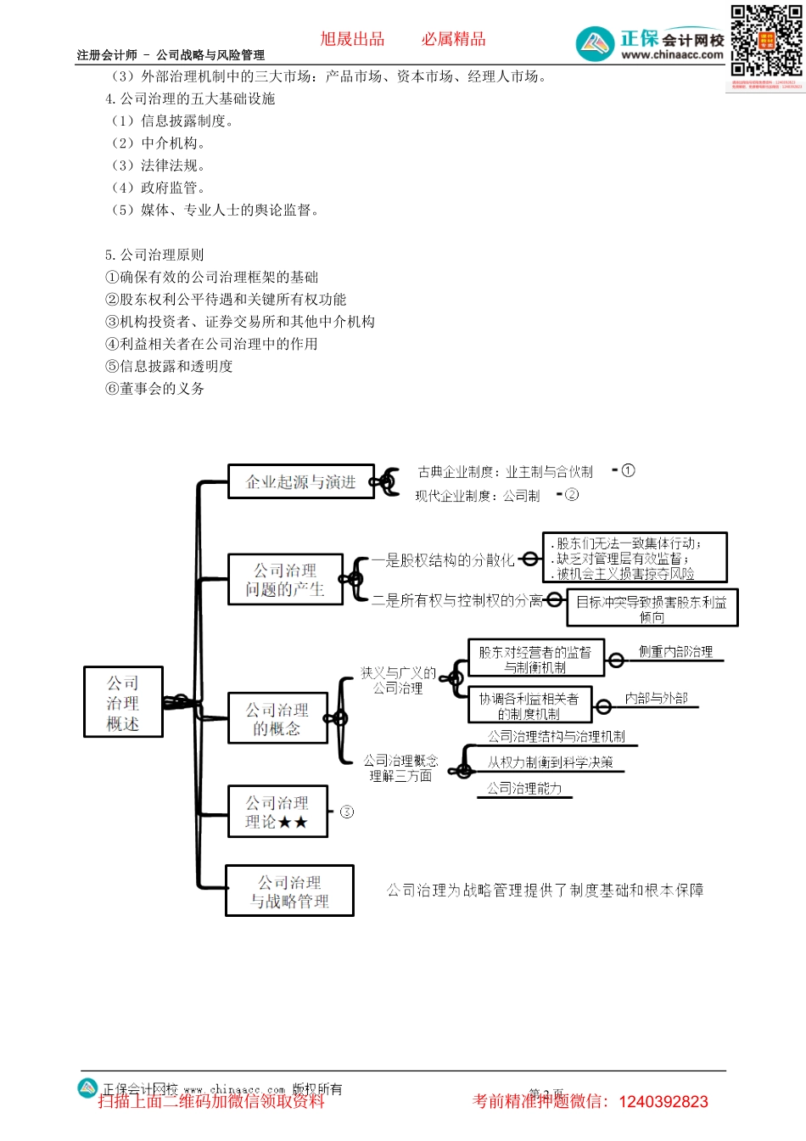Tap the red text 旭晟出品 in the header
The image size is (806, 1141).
click(x=352, y=39)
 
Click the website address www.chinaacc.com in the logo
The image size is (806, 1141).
click(x=672, y=55)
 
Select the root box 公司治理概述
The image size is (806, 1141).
click(x=123, y=702)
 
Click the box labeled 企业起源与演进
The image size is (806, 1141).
click(x=300, y=481)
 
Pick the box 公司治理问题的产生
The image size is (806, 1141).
click(x=285, y=579)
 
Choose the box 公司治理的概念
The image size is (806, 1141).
click(x=277, y=718)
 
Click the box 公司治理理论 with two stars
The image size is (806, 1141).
click(x=277, y=812)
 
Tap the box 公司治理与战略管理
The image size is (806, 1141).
click(x=289, y=891)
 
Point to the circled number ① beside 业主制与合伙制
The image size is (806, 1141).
click(x=628, y=470)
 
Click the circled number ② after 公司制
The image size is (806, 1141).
click(x=572, y=494)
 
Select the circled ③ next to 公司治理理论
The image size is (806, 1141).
click(x=347, y=812)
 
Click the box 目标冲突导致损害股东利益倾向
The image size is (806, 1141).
click(x=652, y=608)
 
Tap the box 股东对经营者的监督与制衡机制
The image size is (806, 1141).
click(x=535, y=659)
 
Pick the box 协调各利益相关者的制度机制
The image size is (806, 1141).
click(x=529, y=705)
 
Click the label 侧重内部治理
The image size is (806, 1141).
click(x=675, y=651)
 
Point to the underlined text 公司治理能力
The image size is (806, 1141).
click(x=524, y=788)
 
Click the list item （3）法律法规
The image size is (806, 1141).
click(x=158, y=165)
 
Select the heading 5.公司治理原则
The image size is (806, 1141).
click(x=154, y=255)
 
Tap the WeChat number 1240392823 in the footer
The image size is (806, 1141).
click(x=663, y=1102)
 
